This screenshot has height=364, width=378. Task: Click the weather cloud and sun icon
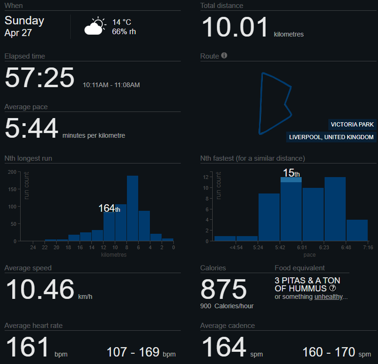coord(95,26)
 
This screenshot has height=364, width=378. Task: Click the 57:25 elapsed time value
coord(39,78)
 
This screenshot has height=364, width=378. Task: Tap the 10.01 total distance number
coord(235,27)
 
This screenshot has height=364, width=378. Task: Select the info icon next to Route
coord(224,56)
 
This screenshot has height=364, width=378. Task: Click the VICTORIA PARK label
coord(352,125)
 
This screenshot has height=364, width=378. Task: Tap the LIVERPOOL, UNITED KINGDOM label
coord(332,137)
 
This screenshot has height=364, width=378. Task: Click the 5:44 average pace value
coord(31,128)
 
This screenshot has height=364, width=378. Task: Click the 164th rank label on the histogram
coord(109,208)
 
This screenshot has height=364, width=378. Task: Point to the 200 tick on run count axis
coord(12,172)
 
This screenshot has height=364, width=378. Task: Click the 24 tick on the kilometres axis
coord(33,247)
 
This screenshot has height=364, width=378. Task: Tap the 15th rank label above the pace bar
coord(291,173)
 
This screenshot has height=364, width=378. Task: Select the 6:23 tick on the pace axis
coord(324,247)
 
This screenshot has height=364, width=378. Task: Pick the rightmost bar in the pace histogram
coord(357,230)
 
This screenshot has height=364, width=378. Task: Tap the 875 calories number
coord(223,290)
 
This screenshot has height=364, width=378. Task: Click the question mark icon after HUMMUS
coord(333,288)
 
